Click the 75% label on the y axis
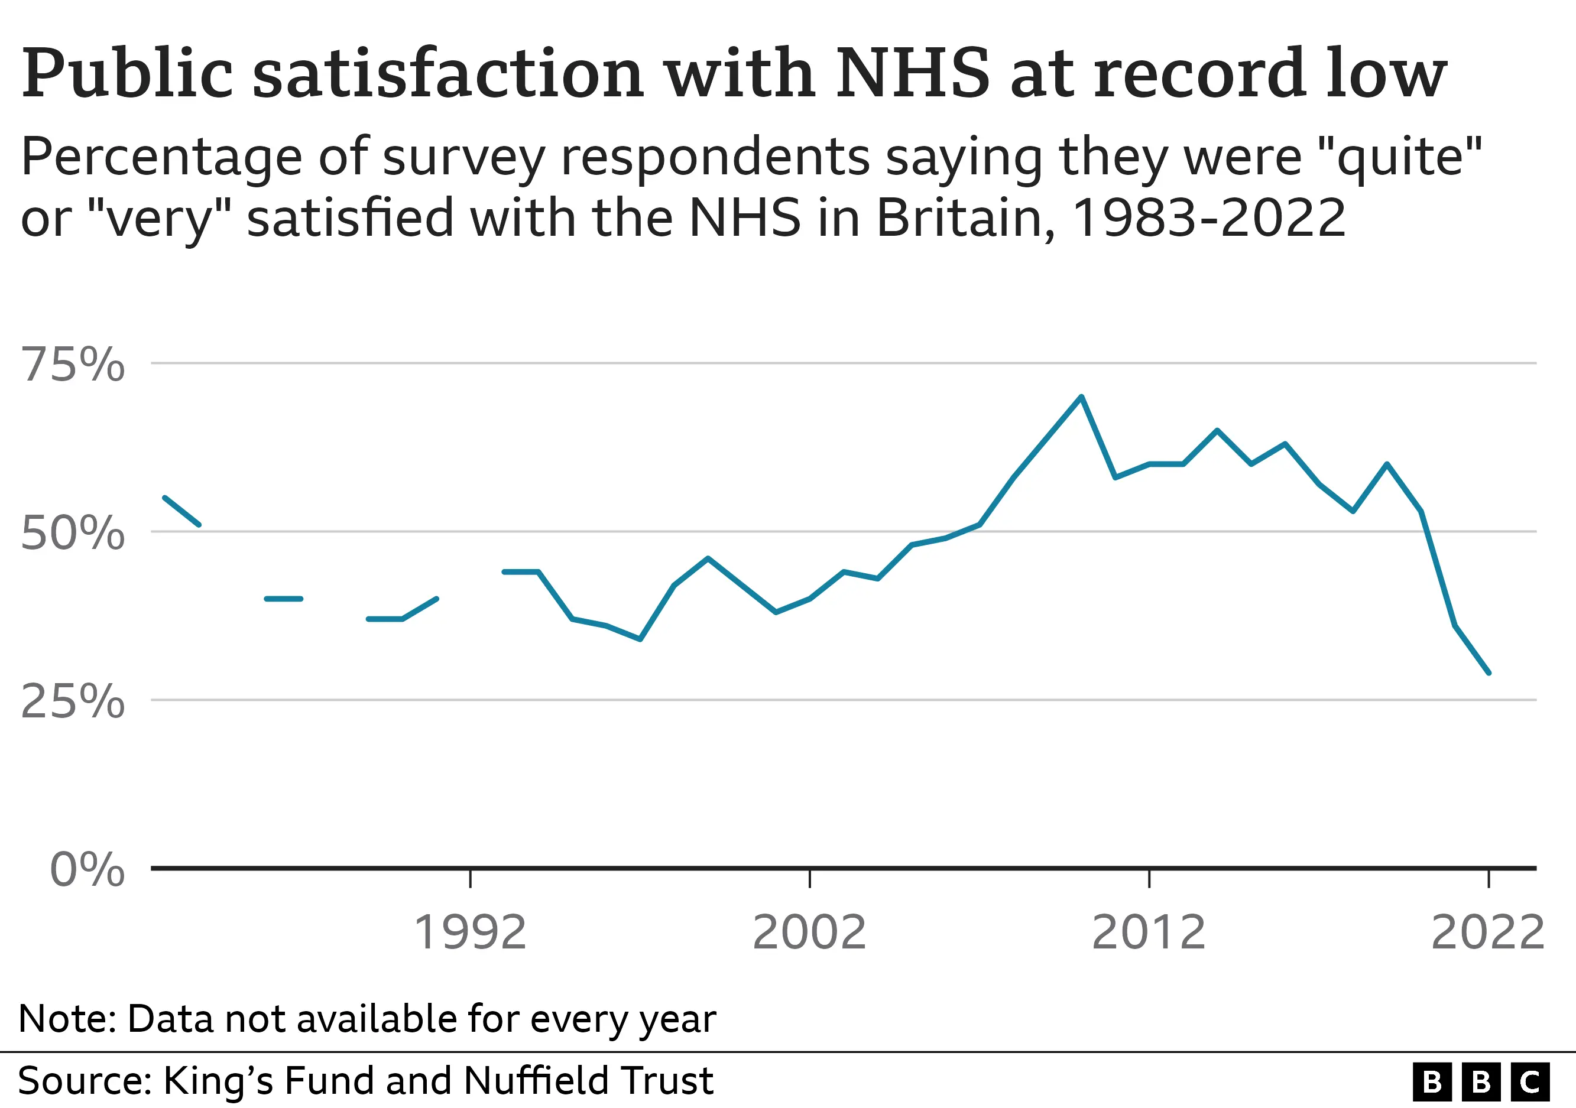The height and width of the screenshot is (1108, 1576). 73,364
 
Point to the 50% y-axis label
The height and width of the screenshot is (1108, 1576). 73,533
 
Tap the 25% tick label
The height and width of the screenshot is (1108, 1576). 73,702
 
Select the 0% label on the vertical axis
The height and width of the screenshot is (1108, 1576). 87,870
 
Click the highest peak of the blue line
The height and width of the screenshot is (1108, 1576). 1081,397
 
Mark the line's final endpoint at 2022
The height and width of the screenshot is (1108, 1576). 1488,673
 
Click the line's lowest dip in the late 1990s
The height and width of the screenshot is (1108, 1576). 640,639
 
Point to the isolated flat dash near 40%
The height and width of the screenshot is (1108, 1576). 284,599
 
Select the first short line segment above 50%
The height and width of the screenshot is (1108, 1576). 182,511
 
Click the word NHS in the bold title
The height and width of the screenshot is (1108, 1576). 913,73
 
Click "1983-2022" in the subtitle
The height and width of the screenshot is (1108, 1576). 1208,218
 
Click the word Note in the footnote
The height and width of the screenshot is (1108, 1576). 67,1019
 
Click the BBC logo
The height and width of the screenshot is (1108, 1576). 1481,1082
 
